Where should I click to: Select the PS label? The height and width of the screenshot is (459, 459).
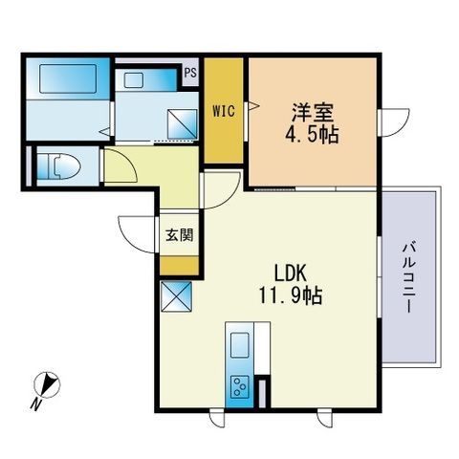[191, 70]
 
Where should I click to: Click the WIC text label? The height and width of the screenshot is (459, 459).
[222, 109]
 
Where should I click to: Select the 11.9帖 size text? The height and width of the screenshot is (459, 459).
[290, 296]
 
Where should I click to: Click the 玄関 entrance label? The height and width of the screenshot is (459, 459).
[179, 235]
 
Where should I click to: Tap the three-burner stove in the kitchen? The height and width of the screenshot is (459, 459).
[239, 387]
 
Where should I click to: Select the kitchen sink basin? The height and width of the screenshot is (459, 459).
[239, 345]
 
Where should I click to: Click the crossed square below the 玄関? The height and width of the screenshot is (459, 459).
[177, 297]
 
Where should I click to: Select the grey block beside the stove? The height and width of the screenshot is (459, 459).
[261, 393]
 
